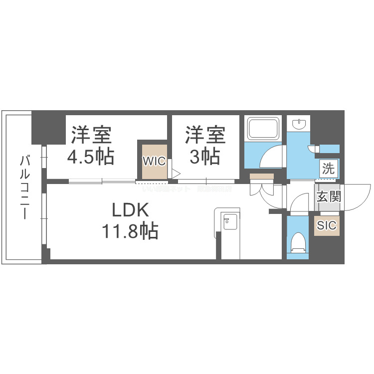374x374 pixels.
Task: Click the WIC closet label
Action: coord(154,161)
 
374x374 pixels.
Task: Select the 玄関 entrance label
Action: coord(328,196)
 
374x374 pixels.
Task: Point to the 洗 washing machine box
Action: coord(328,169)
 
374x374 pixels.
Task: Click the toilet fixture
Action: coord(299,243)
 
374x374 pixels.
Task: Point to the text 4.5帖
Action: coord(91,156)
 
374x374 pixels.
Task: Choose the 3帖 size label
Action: coord(205,156)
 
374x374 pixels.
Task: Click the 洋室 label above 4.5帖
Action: coord(91,135)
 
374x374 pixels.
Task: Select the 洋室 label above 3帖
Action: coord(205,135)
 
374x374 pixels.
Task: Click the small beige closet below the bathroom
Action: coord(262,176)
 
